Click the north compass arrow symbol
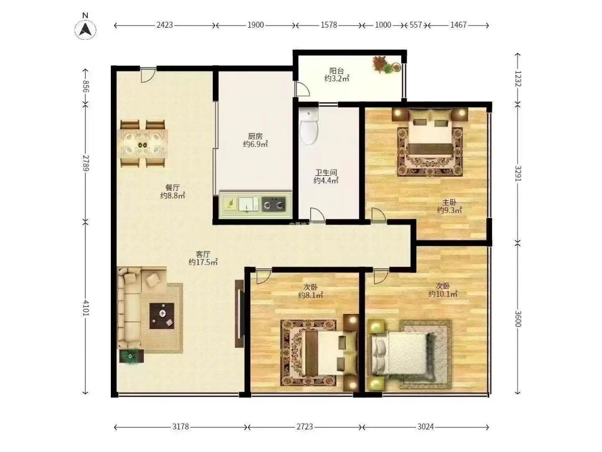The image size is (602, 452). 85,29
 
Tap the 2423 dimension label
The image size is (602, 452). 165,25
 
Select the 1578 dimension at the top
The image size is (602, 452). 329,25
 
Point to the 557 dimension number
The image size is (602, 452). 415,25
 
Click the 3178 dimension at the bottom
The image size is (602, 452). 181,427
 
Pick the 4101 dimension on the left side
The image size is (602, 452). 86,308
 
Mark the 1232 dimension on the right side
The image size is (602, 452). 517,79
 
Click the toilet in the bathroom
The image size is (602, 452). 309,126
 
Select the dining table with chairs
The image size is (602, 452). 142,144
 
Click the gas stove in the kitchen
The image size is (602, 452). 273,204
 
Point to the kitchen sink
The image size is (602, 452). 248,204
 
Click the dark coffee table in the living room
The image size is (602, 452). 162,315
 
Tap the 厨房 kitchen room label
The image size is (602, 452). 255,136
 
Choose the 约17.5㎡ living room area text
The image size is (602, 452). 203,262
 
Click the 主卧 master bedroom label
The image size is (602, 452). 449,202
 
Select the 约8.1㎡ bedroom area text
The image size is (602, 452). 311,295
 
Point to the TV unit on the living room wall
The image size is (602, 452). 239,313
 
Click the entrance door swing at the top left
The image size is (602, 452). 148,75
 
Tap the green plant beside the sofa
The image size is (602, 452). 131,356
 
